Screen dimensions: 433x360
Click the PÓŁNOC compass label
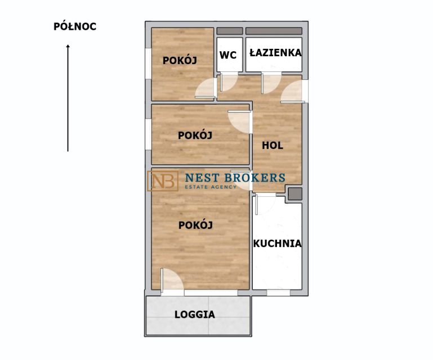point(75,26)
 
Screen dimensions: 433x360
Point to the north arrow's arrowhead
point(68,46)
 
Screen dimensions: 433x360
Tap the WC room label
point(228,55)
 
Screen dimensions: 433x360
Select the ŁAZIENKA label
point(275,52)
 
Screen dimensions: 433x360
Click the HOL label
point(273,145)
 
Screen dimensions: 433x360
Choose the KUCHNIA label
point(277,244)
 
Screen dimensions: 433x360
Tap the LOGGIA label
point(195,314)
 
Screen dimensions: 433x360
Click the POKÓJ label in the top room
point(180,60)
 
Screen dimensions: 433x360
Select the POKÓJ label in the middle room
point(195,135)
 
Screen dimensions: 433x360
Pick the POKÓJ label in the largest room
point(195,225)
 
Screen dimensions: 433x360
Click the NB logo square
point(163,181)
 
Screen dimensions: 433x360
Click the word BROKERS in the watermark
point(255,178)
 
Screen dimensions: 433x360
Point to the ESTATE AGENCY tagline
point(211,187)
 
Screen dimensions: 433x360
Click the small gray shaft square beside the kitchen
point(295,194)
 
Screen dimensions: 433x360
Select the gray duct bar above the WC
point(230,31)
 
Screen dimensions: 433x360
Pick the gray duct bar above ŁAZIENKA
point(274,31)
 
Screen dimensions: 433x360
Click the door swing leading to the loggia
point(172,280)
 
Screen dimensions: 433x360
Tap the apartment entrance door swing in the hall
point(293,92)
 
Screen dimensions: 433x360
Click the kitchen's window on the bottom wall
point(278,292)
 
